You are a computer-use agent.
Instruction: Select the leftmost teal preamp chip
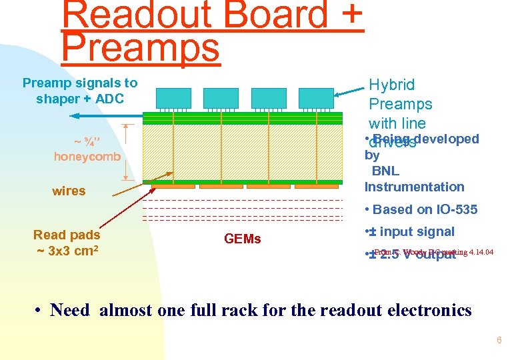pos(173,98)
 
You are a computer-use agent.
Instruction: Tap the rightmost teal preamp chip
pos(316,98)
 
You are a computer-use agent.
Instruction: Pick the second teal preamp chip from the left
pos(221,98)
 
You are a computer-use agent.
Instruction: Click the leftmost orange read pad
pos(172,185)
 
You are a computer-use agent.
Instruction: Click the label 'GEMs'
pos(243,239)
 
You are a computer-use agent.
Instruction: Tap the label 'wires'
pos(69,191)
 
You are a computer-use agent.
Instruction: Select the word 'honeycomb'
pos(87,157)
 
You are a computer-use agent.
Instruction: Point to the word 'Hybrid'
pos(391,85)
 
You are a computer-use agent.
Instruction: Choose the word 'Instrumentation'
pos(414,187)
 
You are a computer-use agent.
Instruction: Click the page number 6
pos(498,341)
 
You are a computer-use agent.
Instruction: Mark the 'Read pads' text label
pos(67,235)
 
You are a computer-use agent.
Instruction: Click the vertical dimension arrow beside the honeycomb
pos(125,152)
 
